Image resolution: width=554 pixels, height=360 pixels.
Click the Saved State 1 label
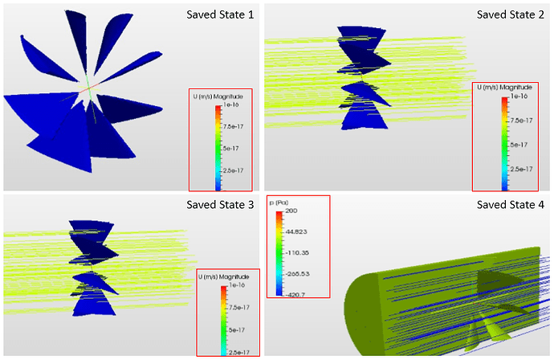pyautogui.click(x=220, y=14)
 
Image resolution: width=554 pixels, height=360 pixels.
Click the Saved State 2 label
pyautogui.click(x=511, y=14)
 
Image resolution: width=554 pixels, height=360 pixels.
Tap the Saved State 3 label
pyautogui.click(x=220, y=205)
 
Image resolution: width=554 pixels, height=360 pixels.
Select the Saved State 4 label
pyautogui.click(x=511, y=205)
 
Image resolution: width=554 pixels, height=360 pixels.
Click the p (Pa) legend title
pyautogui.click(x=279, y=202)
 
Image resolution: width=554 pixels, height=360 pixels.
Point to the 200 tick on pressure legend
pyautogui.click(x=291, y=211)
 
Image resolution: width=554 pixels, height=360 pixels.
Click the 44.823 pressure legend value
pyautogui.click(x=296, y=231)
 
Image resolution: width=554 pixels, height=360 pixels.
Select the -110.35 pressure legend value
pyautogui.click(x=297, y=253)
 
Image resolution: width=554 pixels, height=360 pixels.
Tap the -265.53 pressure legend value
pyautogui.click(x=297, y=274)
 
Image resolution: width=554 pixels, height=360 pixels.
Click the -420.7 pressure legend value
pyautogui.click(x=295, y=295)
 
